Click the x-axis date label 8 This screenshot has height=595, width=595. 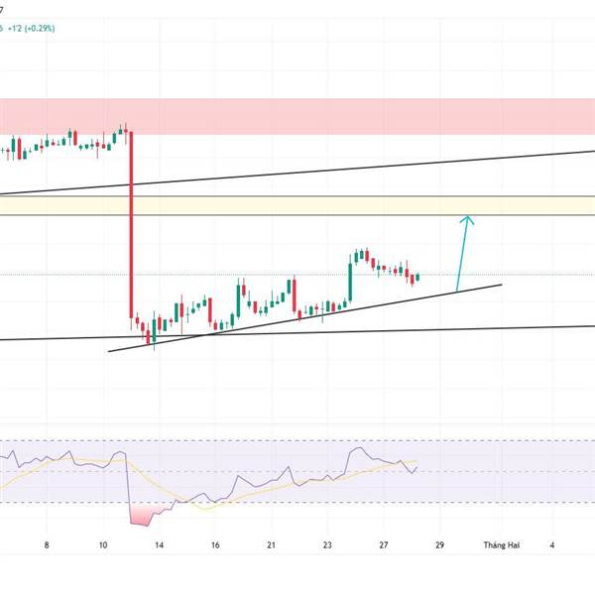point(47,544)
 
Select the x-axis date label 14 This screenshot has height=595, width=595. point(159,544)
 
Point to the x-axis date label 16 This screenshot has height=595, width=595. point(214,544)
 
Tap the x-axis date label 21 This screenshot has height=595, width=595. point(271,544)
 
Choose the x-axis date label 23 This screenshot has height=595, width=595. point(327,544)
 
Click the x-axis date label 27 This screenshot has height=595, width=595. point(383,544)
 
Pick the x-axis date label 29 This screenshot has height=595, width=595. point(439,544)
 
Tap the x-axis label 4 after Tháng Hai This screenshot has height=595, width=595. point(552,544)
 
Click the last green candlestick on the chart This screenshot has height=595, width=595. point(417,277)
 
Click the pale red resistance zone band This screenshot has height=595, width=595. point(297,116)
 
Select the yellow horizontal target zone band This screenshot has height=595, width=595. point(297,205)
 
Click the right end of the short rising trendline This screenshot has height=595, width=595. point(501,285)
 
